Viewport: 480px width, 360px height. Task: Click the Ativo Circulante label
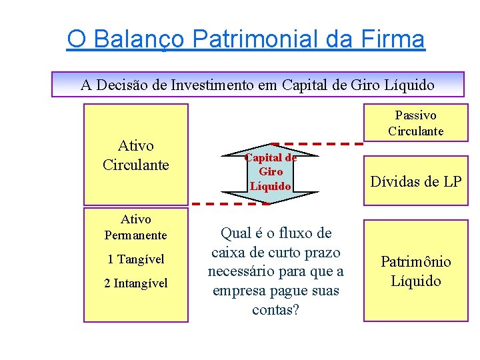135,155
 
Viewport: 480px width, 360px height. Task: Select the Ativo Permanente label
136,227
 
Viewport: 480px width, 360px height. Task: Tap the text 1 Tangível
136,259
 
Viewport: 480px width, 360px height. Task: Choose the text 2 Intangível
136,283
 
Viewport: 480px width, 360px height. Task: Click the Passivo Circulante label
415,123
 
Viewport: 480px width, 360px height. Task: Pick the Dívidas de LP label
415,181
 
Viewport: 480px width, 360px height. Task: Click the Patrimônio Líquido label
415,271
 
